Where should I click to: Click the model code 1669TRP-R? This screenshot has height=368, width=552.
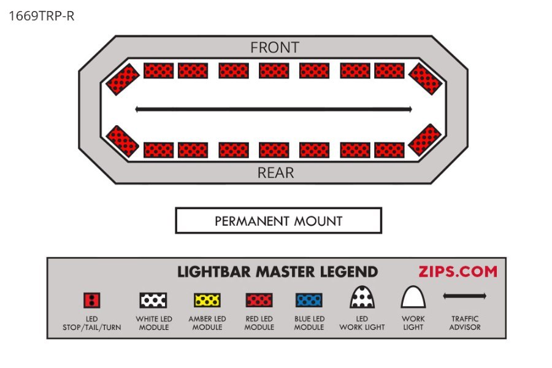click(42, 16)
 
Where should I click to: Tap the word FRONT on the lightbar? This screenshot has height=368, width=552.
click(275, 47)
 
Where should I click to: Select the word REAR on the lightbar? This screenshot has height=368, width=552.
click(275, 173)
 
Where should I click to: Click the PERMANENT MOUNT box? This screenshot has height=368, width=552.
click(278, 221)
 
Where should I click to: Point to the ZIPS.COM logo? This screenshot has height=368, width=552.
click(458, 271)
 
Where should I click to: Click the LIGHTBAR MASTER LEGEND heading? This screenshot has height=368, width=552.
click(278, 272)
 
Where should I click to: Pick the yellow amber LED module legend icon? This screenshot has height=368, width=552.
click(207, 300)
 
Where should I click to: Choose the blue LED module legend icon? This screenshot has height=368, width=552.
click(310, 300)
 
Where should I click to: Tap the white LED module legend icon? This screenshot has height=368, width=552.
click(153, 300)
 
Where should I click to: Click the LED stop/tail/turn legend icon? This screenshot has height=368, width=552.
click(91, 300)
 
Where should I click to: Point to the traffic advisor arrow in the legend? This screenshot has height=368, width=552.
click(464, 296)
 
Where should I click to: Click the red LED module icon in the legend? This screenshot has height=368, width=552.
click(259, 300)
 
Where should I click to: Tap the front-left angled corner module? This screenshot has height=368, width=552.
click(123, 79)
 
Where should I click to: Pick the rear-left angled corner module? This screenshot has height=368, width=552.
click(122, 140)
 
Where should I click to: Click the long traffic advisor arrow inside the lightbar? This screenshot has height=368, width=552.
click(273, 110)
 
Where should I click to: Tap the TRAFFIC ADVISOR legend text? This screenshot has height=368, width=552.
click(464, 323)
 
